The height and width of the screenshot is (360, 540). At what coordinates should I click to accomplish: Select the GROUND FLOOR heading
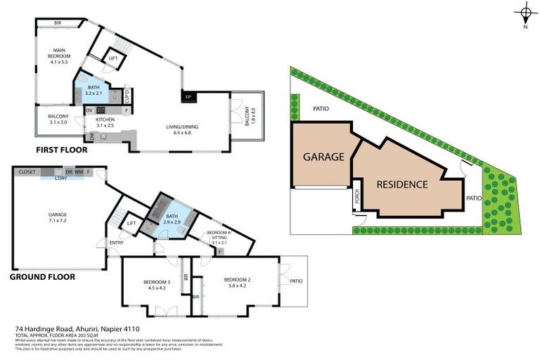[42, 277]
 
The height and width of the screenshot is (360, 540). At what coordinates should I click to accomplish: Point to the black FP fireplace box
[188, 96]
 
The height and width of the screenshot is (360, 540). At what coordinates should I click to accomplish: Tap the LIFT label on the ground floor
[130, 224]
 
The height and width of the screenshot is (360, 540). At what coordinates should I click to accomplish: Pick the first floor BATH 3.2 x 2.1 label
[94, 90]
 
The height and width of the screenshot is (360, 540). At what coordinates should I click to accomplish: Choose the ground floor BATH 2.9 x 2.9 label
[174, 218]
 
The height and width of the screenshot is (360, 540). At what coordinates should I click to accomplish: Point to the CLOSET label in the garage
[27, 171]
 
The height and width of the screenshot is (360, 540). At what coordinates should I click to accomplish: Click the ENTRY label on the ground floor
[115, 243]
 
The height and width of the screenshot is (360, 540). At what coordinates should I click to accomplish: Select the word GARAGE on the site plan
[323, 157]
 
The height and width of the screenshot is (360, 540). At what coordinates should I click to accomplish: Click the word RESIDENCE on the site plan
[402, 185]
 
